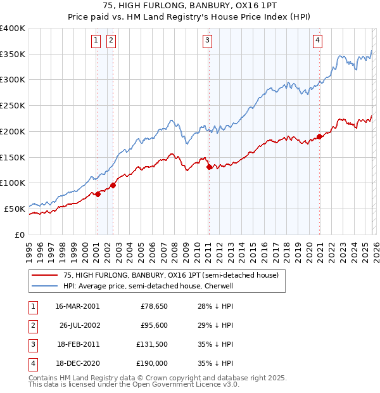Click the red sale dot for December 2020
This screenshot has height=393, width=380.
[x=320, y=136]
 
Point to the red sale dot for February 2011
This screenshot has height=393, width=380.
[x=209, y=167]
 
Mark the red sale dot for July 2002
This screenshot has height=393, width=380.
[x=113, y=185]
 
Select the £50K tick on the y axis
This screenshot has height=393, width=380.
[x=15, y=209]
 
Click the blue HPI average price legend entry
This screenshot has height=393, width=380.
[x=148, y=286]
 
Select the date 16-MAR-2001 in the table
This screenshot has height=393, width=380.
[x=77, y=306]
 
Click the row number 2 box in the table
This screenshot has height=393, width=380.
[x=32, y=325]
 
